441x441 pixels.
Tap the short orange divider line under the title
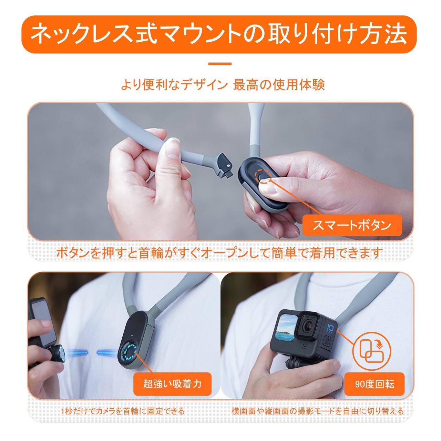[x=220, y=64]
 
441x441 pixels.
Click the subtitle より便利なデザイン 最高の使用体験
[x=223, y=85]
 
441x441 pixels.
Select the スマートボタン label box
[x=352, y=225]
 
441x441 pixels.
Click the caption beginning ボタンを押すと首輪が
[x=219, y=253]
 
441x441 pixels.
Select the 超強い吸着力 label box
[x=172, y=383]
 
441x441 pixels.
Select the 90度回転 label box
[x=375, y=384]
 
